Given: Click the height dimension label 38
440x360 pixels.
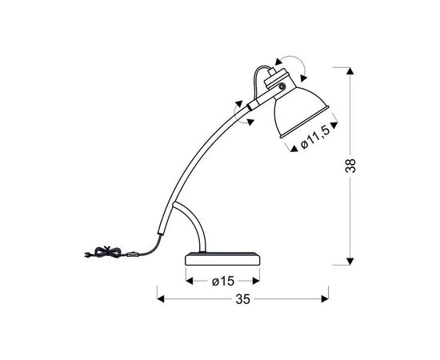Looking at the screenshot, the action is (x=350, y=166).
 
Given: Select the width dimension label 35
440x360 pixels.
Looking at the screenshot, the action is (x=242, y=299).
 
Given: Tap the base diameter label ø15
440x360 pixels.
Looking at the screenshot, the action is (x=223, y=281).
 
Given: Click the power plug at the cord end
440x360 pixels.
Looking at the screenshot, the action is (x=87, y=254).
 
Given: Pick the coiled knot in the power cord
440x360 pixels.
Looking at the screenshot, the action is (x=107, y=252).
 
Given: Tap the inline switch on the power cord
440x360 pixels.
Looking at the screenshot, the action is (x=133, y=255).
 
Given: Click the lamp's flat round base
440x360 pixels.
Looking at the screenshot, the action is (x=223, y=258).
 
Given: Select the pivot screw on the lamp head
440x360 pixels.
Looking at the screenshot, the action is (x=282, y=86).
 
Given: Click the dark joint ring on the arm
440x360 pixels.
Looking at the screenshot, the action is (x=249, y=107).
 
